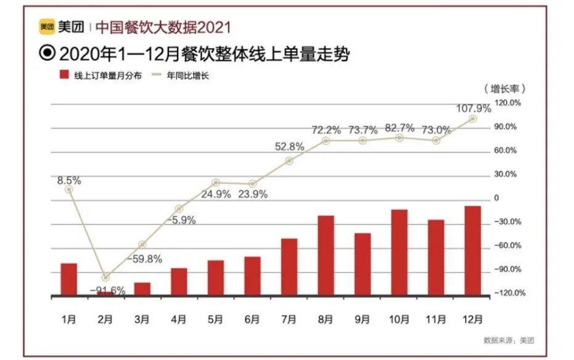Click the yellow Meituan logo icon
point(47,27)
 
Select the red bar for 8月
point(326,256)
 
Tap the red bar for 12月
point(473,251)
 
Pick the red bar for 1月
point(69,280)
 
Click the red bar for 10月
point(400,253)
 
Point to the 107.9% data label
point(473,108)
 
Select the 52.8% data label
point(289,147)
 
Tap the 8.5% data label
point(69,181)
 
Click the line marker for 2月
point(106,277)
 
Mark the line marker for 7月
point(289,161)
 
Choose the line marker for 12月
point(473,119)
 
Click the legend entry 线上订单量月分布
point(99,76)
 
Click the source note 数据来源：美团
point(509,340)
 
